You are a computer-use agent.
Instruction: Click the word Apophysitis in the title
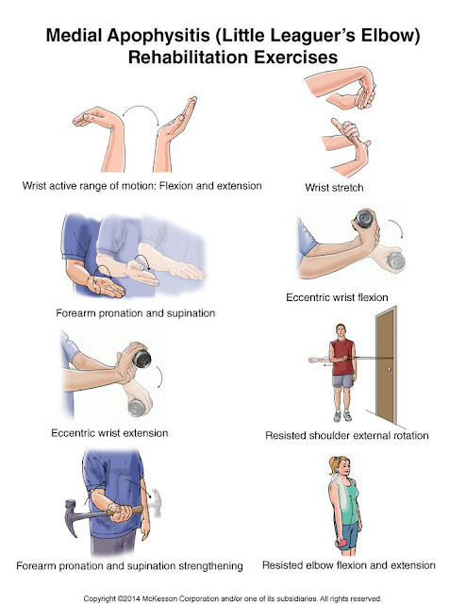(x=158, y=36)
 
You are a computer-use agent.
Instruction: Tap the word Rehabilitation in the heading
(x=189, y=57)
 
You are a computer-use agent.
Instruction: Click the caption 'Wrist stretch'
(x=334, y=188)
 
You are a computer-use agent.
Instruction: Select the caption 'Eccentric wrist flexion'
(x=337, y=297)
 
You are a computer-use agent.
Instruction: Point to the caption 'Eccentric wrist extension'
(x=109, y=433)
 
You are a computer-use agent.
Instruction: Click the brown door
(x=386, y=365)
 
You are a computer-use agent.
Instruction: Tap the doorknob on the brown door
(x=390, y=369)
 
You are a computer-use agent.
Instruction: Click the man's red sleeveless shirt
(x=342, y=358)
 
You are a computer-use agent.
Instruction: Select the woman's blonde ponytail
(x=332, y=465)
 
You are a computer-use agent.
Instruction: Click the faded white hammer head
(x=156, y=502)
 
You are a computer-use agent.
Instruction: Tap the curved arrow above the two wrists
(x=141, y=108)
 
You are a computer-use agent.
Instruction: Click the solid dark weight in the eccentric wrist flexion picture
(x=363, y=219)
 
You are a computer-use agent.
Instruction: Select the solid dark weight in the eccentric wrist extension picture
(x=141, y=359)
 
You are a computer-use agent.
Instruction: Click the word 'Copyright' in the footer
(x=99, y=598)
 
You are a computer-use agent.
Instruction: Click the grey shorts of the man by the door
(x=342, y=380)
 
